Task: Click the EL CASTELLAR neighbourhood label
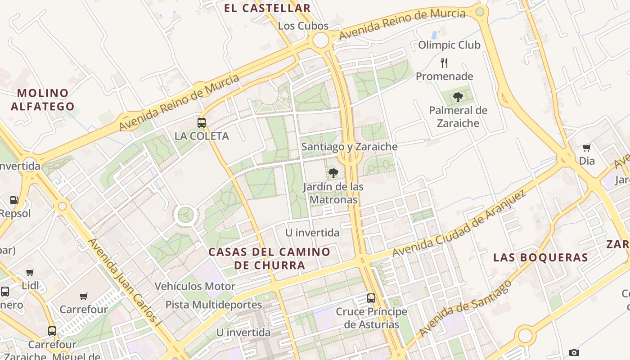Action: (267, 8)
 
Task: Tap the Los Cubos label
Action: (303, 26)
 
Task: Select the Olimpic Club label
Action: (449, 45)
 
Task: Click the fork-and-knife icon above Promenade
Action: (444, 63)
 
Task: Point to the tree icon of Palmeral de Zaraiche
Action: (458, 97)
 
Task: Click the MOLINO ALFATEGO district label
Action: (43, 100)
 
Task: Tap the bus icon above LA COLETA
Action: (202, 122)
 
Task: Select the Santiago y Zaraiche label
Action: (350, 147)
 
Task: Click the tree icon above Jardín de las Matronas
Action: (333, 173)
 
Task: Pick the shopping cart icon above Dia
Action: (586, 148)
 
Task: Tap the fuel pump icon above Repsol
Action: (14, 200)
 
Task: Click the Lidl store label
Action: (31, 285)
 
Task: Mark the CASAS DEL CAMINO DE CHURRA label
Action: (270, 258)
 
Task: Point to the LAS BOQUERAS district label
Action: (540, 257)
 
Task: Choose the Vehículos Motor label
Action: (195, 286)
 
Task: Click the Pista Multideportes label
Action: (213, 305)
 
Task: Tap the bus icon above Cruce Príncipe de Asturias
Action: (371, 298)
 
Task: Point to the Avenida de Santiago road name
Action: (465, 308)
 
